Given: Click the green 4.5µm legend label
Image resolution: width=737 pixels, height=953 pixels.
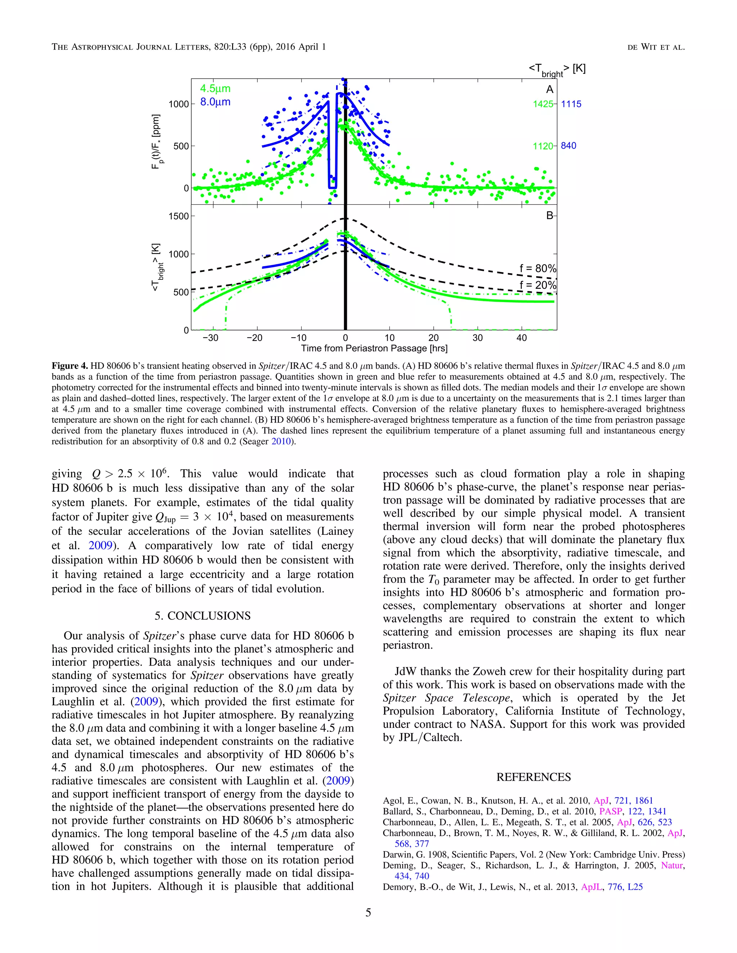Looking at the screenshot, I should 215,88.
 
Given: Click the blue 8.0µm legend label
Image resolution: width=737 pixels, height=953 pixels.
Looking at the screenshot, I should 215,102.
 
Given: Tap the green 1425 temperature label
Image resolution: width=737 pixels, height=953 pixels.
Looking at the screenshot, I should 543,104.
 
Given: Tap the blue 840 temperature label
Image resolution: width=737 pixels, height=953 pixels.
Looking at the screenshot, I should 569,146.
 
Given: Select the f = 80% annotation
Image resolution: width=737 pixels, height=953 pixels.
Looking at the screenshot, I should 538,268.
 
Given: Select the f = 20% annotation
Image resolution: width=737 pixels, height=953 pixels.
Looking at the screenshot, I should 538,286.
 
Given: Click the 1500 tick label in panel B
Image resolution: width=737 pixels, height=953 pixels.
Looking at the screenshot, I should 178,216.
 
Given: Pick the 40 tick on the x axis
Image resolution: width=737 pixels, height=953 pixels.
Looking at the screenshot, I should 521,338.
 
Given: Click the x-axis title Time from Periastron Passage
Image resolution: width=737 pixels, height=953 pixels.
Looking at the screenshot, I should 374,348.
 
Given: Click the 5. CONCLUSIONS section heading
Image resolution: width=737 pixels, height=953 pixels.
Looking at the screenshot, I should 203,616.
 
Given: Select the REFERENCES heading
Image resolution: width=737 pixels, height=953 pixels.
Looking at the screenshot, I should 534,777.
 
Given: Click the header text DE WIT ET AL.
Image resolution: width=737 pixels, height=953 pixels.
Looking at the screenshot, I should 656,47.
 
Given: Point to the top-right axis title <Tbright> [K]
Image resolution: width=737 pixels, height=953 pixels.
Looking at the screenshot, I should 557,69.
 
